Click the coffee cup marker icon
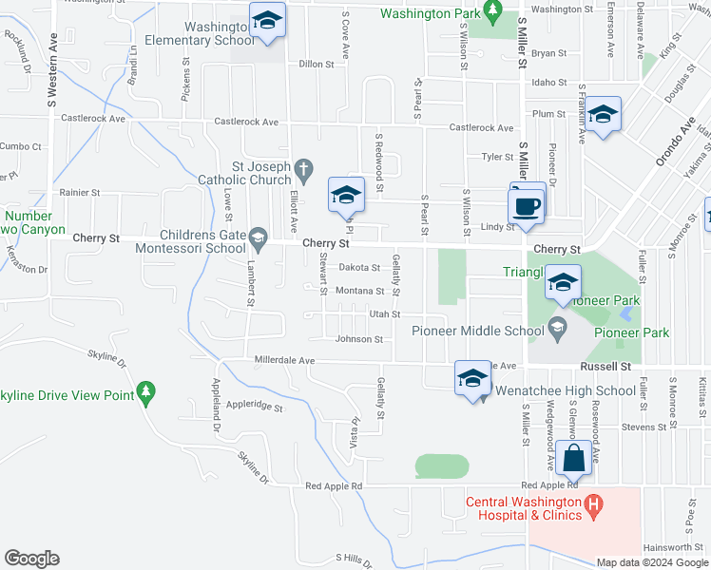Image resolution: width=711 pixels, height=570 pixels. coord(528,206)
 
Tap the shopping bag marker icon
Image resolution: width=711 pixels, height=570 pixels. coord(575,459)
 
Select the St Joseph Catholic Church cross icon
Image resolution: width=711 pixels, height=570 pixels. coord(304,170)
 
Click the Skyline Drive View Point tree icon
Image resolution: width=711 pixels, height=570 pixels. coord(144,390)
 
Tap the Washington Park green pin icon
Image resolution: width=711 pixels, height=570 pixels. coord(491,12)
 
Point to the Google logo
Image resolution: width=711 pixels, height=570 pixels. coord(31,559)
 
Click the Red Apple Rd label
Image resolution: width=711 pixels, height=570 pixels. coord(334,486)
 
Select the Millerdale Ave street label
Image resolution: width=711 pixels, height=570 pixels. coord(284,361)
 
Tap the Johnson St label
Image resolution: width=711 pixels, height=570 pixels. coord(359,339)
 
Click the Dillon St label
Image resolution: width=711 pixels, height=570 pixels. coord(317,65)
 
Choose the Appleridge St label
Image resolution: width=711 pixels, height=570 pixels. coord(251,406)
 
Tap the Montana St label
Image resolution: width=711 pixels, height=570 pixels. coord(359,292)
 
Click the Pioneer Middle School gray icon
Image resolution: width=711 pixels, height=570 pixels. coord(558,331)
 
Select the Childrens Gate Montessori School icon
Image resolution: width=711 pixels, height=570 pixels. coord(258,236)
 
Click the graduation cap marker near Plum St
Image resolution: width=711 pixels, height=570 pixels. coord(602,116)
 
